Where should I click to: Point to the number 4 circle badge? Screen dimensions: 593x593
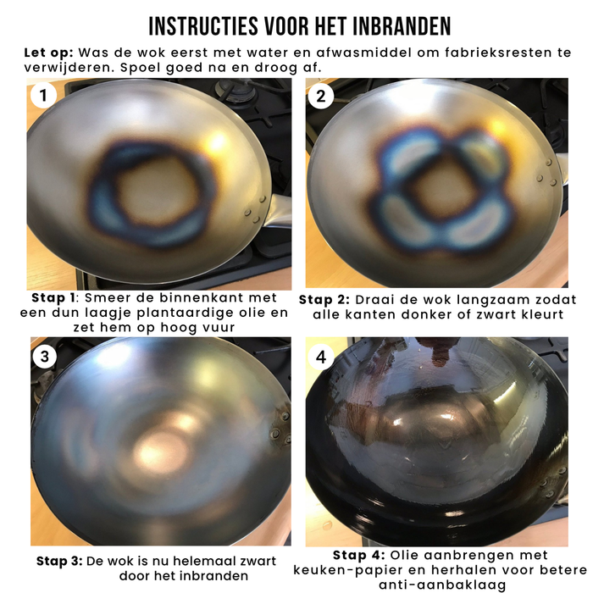point(320,357)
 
